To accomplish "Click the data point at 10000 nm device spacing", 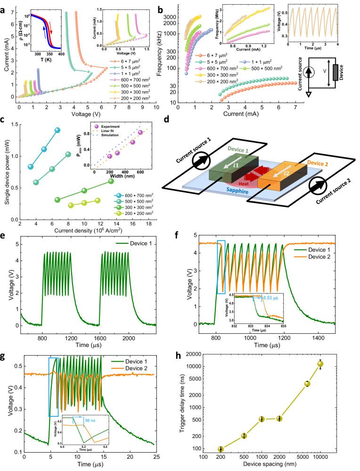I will [x=320, y=364].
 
